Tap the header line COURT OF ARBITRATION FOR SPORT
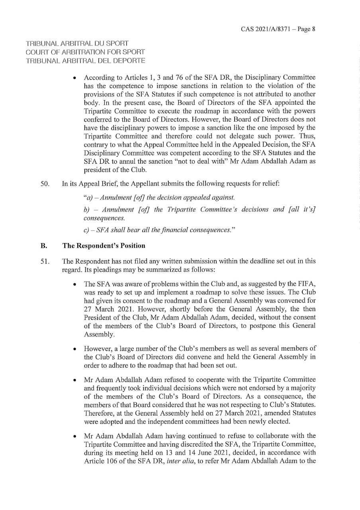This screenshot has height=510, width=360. [85, 52]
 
